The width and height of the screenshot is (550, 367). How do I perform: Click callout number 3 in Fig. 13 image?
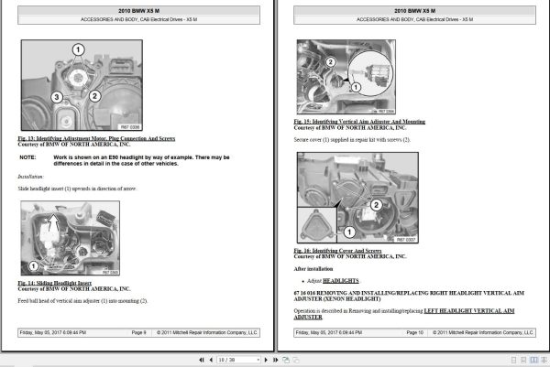(56, 96)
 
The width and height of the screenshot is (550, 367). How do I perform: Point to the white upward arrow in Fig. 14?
(54, 220)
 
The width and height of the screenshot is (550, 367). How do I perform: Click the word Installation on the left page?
(31, 176)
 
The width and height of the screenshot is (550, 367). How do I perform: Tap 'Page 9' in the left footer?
(139, 333)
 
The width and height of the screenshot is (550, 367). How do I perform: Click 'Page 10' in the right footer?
(414, 333)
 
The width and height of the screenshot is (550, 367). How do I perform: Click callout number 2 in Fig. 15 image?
(331, 61)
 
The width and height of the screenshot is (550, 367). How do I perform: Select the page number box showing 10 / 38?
(235, 360)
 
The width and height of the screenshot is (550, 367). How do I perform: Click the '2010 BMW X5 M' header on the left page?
(139, 10)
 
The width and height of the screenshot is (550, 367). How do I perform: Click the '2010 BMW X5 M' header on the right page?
(415, 10)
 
